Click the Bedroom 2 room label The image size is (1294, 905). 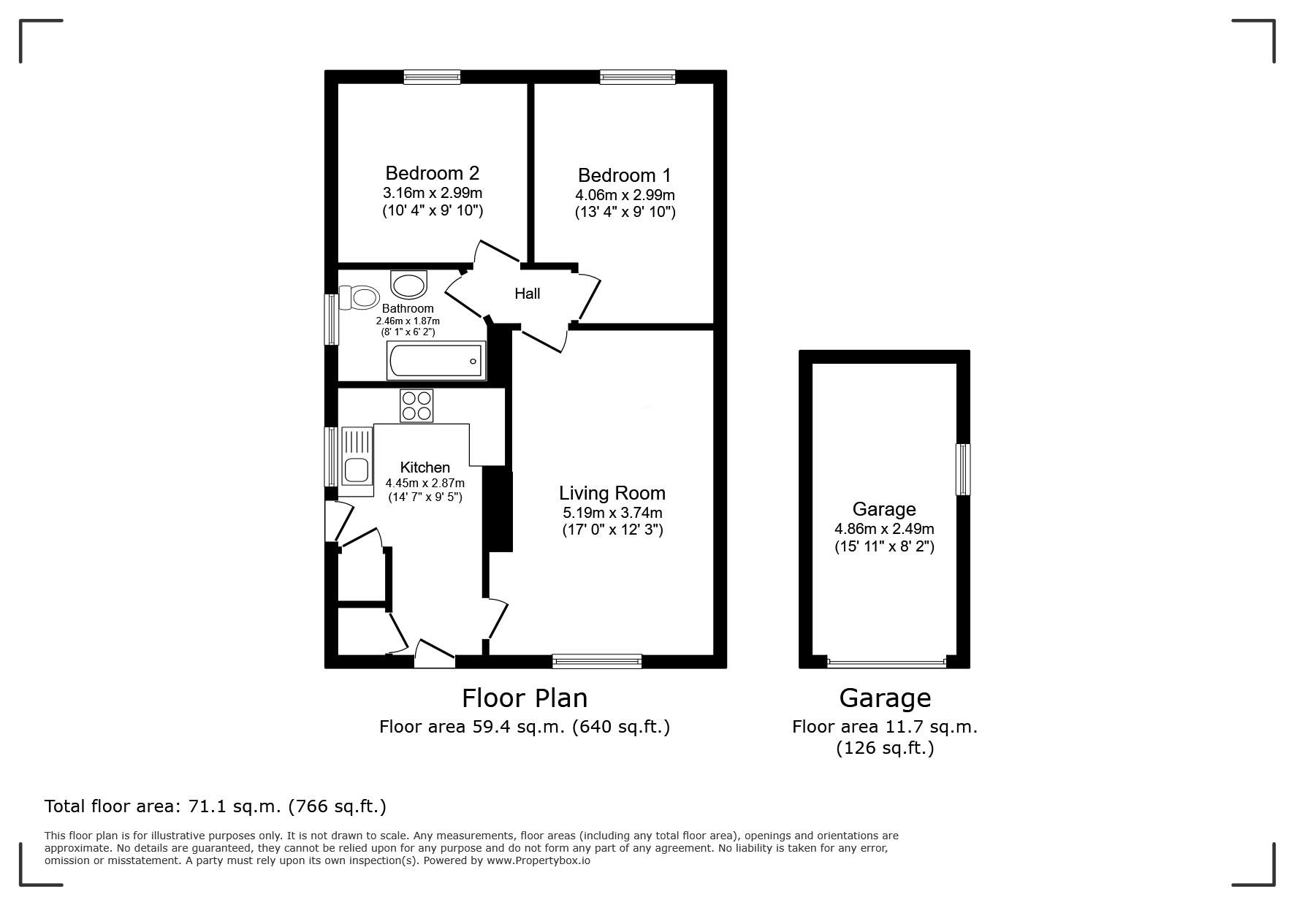pyautogui.click(x=432, y=173)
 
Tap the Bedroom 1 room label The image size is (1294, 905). pyautogui.click(x=624, y=175)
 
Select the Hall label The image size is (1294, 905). pyautogui.click(x=527, y=294)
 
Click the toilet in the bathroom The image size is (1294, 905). pyautogui.click(x=358, y=297)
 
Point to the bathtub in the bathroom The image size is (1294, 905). pyautogui.click(x=436, y=361)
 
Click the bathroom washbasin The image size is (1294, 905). pyautogui.click(x=409, y=283)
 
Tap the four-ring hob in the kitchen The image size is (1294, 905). pyautogui.click(x=416, y=405)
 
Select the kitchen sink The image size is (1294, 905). pyautogui.click(x=356, y=461)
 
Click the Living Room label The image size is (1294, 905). pyautogui.click(x=612, y=493)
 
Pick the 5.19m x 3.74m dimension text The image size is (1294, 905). pyautogui.click(x=612, y=513)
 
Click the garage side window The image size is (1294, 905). pyautogui.click(x=964, y=470)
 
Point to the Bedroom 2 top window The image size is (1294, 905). pyautogui.click(x=432, y=77)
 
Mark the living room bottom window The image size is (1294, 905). pyautogui.click(x=597, y=662)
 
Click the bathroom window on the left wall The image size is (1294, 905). pyautogui.click(x=332, y=319)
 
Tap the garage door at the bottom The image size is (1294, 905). pyautogui.click(x=886, y=663)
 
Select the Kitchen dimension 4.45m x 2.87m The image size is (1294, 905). pyautogui.click(x=425, y=483)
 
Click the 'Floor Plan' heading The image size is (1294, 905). pyautogui.click(x=525, y=698)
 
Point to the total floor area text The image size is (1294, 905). pyautogui.click(x=216, y=806)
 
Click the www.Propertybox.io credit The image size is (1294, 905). pyautogui.click(x=538, y=860)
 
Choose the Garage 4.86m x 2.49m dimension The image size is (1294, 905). pyautogui.click(x=884, y=529)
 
